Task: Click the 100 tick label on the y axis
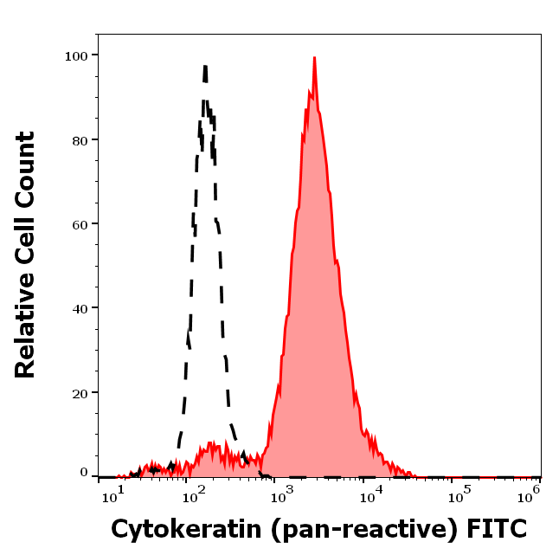[77, 55]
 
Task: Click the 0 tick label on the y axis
[85, 473]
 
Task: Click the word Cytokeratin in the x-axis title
[177, 528]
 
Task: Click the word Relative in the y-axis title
[26, 333]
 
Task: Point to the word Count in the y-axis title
[26, 168]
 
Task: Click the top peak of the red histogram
[314, 58]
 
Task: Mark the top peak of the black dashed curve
[205, 66]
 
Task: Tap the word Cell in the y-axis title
[26, 252]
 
